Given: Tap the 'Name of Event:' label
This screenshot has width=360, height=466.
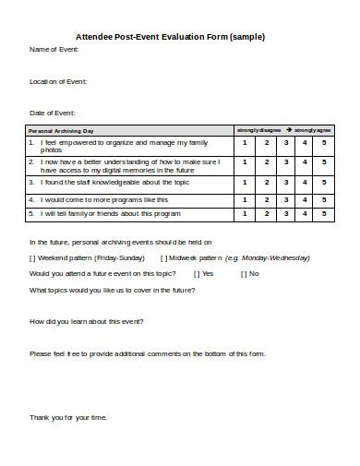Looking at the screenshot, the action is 54,49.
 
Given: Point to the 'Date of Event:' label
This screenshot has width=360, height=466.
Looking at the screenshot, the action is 52,113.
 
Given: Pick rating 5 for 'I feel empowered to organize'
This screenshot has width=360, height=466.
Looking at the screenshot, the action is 324,143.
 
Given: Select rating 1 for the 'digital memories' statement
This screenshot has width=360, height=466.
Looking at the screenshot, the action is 244,164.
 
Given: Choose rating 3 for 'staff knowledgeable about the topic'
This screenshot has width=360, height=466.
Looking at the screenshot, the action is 286,184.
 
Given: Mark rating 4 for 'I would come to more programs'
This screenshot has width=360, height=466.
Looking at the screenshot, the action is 305,199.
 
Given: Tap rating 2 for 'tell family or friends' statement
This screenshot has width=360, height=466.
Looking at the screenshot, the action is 267,214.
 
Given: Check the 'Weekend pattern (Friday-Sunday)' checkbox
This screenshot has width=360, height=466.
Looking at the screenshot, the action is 33,258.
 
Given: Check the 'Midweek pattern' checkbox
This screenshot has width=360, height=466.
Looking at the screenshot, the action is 164,258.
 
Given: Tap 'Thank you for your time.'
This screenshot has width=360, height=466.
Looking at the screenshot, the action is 68,417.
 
